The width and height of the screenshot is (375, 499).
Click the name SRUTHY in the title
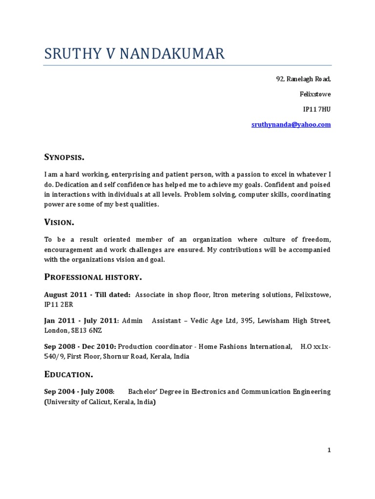71,54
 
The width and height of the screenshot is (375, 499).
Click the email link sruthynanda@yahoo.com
291,125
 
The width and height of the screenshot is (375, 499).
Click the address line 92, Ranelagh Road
304,79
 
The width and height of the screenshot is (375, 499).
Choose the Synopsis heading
64,157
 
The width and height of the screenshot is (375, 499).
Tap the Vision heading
59,222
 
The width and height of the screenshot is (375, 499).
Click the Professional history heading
93,277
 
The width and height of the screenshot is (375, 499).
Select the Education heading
68,374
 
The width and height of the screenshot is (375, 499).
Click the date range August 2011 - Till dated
87,295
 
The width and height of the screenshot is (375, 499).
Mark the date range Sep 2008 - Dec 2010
80,346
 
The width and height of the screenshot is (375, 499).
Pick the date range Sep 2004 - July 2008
79,392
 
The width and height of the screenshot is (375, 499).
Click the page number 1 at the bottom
329,450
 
